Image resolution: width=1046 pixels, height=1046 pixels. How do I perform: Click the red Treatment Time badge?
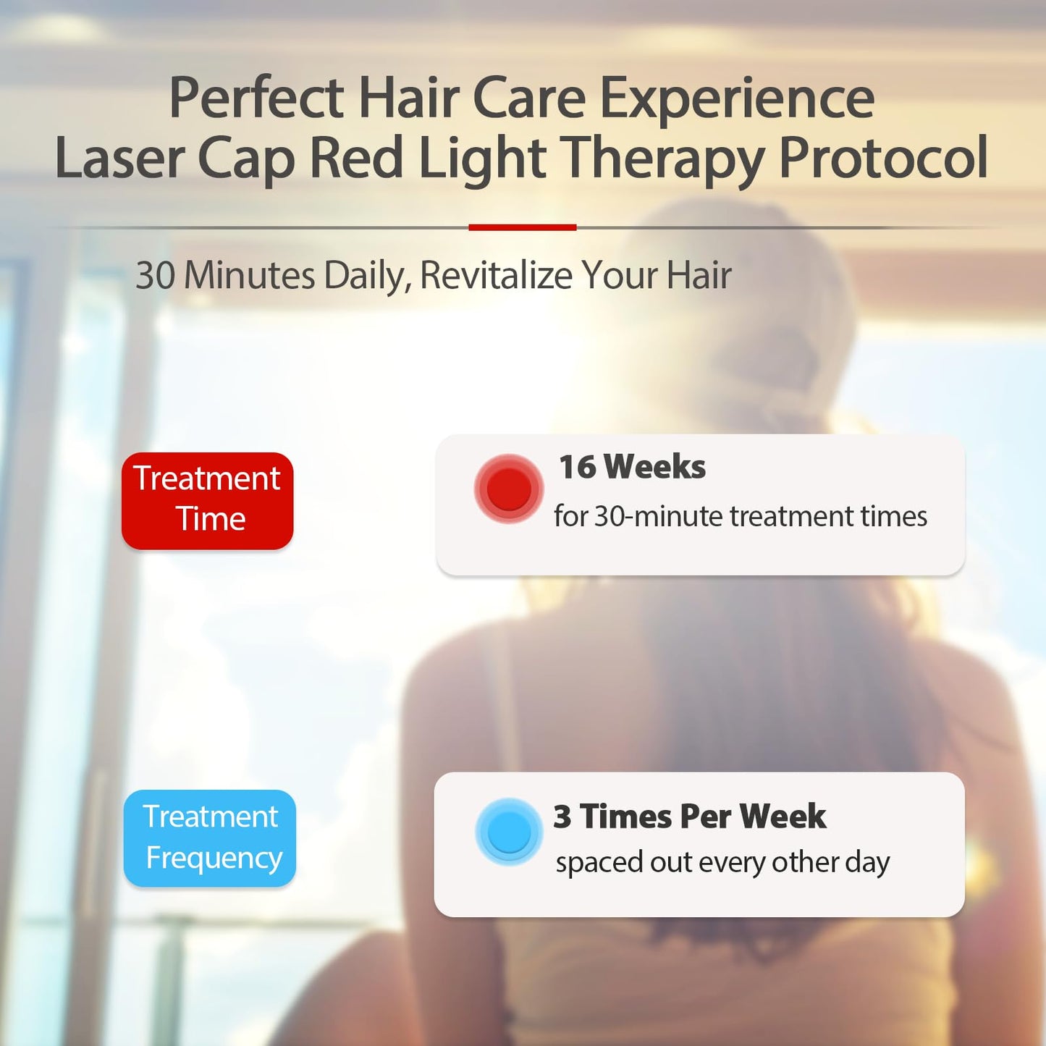point(207,500)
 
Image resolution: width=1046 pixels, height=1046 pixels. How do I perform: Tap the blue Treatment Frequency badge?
point(210,838)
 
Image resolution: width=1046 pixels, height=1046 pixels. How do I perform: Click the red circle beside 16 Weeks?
point(509,489)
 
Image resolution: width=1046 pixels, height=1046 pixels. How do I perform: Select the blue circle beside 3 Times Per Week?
point(509,832)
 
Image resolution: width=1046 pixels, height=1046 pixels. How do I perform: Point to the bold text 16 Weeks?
point(632,467)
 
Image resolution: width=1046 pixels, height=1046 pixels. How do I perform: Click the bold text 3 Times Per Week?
point(689,817)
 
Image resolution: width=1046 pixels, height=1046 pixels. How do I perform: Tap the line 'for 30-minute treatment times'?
point(740,517)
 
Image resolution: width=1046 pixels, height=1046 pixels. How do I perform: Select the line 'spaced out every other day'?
point(722,862)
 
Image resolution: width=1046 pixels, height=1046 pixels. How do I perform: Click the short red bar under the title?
point(522,227)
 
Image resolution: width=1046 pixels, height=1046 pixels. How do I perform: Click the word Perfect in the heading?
point(257,98)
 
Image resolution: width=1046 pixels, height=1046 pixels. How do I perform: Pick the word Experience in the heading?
point(737,100)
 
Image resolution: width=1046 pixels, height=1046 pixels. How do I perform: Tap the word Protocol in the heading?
point(883,158)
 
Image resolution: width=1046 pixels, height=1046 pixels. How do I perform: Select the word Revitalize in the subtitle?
point(496,276)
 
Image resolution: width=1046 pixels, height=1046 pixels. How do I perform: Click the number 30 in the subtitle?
point(155,276)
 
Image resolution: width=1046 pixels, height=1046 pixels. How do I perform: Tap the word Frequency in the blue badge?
point(214,859)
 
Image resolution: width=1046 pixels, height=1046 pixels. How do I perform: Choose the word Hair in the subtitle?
point(699,276)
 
